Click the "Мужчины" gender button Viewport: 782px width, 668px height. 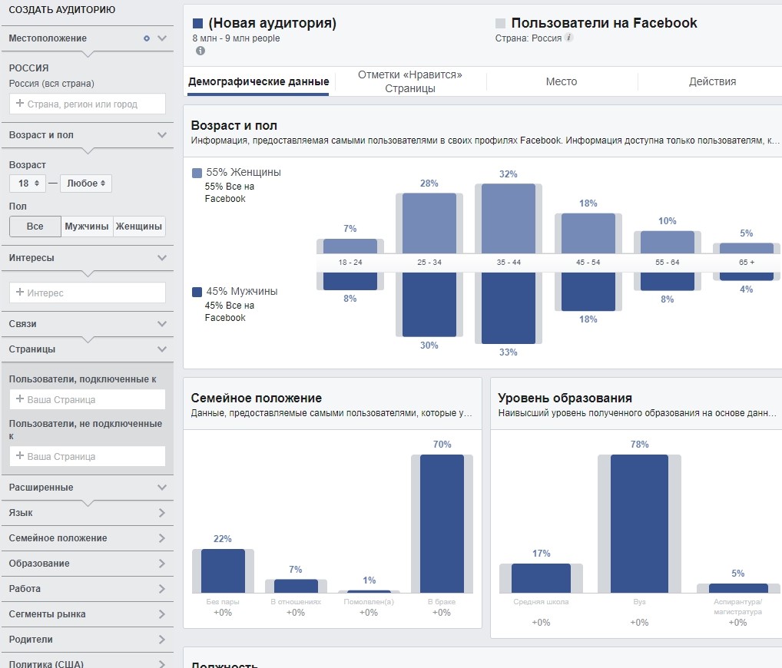(x=87, y=227)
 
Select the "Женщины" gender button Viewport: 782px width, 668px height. (x=139, y=227)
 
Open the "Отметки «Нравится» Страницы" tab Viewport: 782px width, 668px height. (x=410, y=81)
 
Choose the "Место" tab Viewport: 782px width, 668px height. (x=562, y=81)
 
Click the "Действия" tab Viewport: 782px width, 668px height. (x=712, y=81)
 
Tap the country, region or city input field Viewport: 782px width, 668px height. (x=88, y=104)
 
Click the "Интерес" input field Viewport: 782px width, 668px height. (x=88, y=293)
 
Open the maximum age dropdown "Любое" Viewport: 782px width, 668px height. (x=86, y=184)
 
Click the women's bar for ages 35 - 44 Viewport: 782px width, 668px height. (x=508, y=219)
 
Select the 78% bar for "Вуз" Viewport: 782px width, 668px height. (x=639, y=523)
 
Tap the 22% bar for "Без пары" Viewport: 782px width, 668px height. (x=223, y=570)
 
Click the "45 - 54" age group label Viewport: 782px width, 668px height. (x=588, y=263)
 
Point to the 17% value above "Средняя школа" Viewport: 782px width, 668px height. (x=541, y=554)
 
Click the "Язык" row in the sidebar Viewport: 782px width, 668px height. (x=87, y=513)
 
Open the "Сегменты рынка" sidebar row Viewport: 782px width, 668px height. (x=87, y=614)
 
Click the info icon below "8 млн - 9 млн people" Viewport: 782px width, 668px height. (x=200, y=51)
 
